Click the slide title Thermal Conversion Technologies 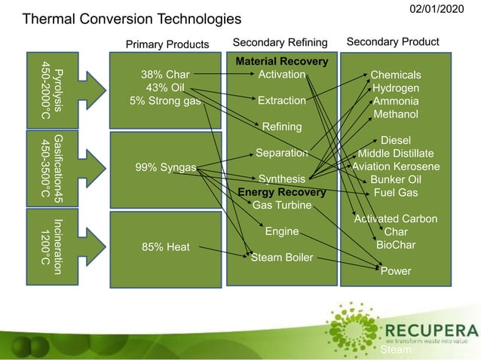(x=132, y=18)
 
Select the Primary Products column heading (x=167, y=44)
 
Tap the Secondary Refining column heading (x=280, y=41)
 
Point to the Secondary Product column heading (x=392, y=41)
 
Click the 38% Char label (x=165, y=75)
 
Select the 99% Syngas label (x=165, y=167)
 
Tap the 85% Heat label (x=166, y=246)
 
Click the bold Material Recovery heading (x=281, y=61)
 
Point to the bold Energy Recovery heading (x=281, y=192)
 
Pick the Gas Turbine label (x=277, y=205)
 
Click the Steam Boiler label (x=282, y=258)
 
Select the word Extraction (x=281, y=100)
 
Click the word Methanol (x=396, y=114)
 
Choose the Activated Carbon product (x=396, y=218)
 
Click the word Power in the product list (x=396, y=271)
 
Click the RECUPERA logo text (x=430, y=331)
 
